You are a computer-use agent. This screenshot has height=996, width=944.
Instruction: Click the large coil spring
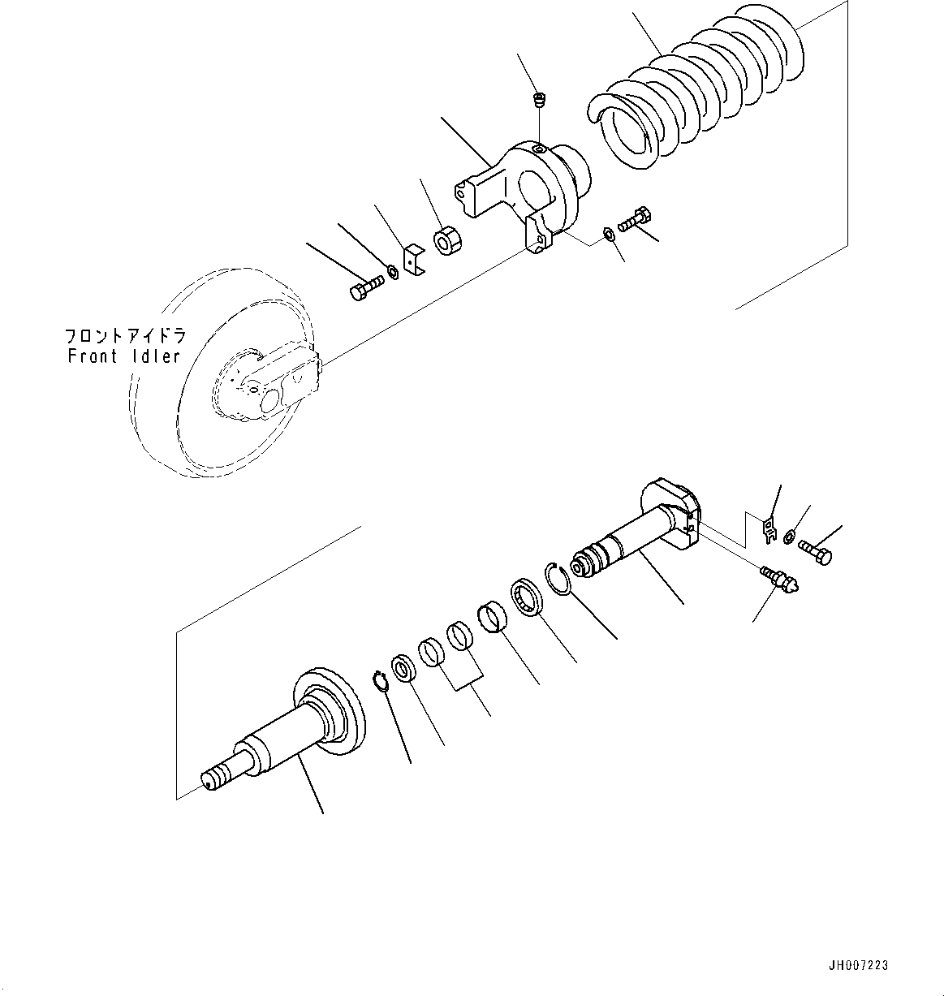pyautogui.click(x=698, y=97)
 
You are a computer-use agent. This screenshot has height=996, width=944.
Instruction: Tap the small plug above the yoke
pyautogui.click(x=538, y=101)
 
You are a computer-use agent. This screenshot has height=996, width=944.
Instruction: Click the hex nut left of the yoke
pyautogui.click(x=446, y=242)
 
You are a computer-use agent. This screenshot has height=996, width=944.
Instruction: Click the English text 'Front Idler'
pyautogui.click(x=123, y=356)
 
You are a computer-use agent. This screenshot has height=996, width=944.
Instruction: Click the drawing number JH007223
pyautogui.click(x=858, y=965)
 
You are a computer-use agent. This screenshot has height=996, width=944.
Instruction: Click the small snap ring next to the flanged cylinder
pyautogui.click(x=380, y=682)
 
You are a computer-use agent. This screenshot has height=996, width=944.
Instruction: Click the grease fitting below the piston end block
pyautogui.click(x=782, y=578)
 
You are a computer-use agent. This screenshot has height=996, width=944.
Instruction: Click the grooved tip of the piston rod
pyautogui.click(x=586, y=564)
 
